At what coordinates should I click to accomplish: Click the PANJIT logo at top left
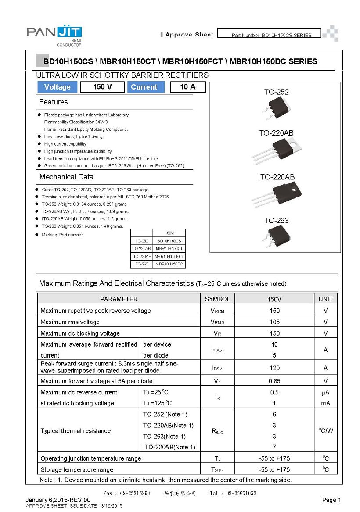(x=54, y=33)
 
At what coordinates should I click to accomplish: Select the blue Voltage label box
(x=57, y=87)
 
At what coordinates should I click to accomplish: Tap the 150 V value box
(x=102, y=87)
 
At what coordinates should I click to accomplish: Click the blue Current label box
(x=144, y=87)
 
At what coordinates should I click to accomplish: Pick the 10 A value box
(x=187, y=87)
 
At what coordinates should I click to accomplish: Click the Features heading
(x=54, y=102)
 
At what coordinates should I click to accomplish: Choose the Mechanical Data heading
(x=66, y=177)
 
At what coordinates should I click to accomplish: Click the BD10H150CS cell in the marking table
(x=169, y=241)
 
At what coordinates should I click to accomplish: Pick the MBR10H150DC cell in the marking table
(x=169, y=264)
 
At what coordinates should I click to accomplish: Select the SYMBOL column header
(x=217, y=299)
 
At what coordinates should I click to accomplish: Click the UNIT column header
(x=325, y=299)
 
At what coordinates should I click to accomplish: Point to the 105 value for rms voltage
(x=274, y=322)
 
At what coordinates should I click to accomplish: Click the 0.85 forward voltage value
(x=274, y=381)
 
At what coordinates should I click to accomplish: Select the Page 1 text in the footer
(x=331, y=500)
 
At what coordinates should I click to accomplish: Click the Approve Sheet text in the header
(x=189, y=35)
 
